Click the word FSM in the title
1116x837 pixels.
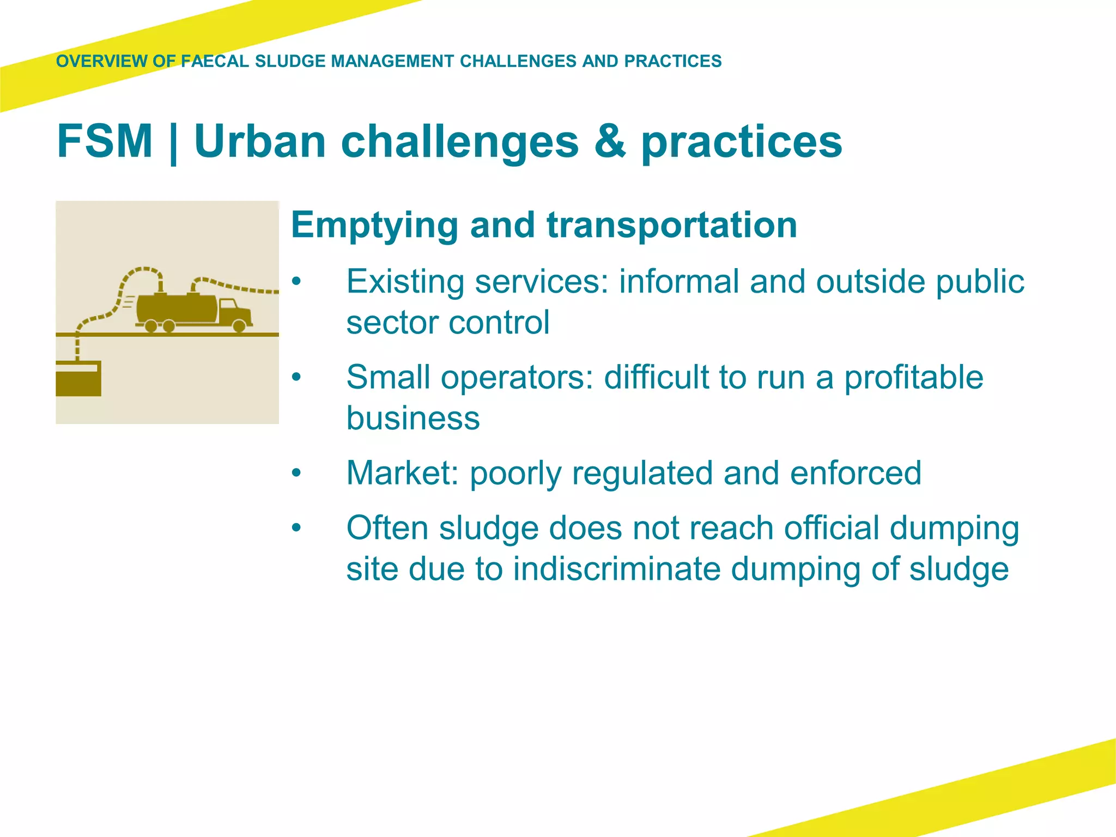click(x=105, y=142)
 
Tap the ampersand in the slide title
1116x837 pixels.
click(x=610, y=142)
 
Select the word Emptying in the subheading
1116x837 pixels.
click(x=374, y=226)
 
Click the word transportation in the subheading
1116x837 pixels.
click(x=672, y=226)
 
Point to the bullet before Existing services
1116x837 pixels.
click(x=296, y=282)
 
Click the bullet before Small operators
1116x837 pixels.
click(x=296, y=377)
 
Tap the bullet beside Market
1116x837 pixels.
click(x=296, y=472)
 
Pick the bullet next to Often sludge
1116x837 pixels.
click(x=296, y=527)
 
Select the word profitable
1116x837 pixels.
click(x=913, y=377)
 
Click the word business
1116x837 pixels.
click(x=413, y=418)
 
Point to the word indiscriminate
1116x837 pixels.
click(x=616, y=569)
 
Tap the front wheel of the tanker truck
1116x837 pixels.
click(x=239, y=326)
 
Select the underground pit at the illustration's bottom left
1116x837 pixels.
click(x=78, y=379)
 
